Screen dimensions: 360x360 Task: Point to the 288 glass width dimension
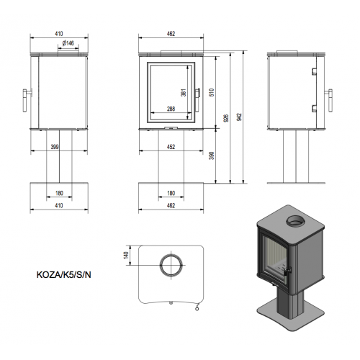[x=171, y=109]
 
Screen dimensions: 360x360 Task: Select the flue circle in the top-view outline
[x=171, y=264]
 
